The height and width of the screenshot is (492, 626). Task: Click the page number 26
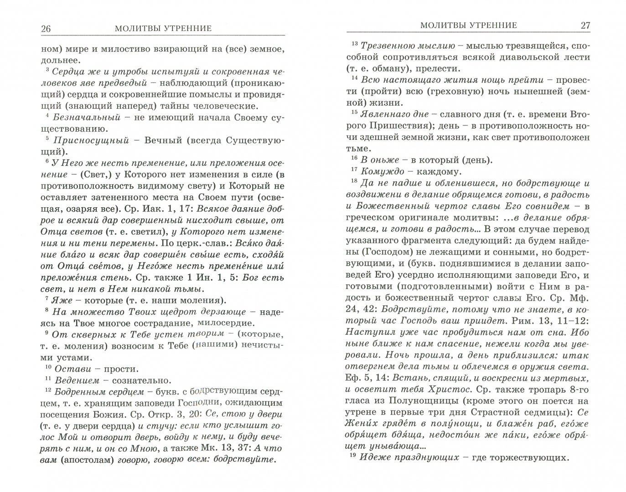click(x=46, y=28)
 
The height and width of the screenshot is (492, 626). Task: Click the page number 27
click(x=585, y=26)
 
